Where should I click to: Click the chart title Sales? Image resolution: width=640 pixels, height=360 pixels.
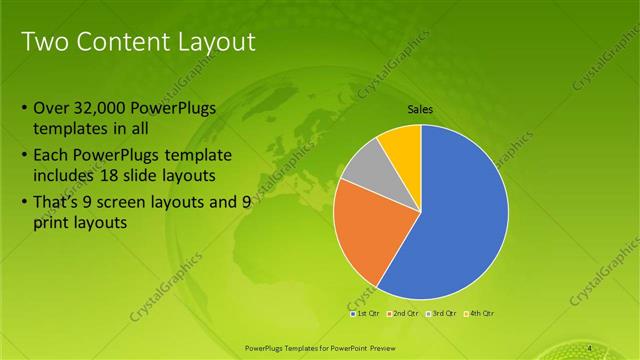420,110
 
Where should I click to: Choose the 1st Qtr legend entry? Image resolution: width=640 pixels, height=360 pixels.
365,313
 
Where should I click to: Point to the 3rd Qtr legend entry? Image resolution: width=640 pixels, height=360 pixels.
441,313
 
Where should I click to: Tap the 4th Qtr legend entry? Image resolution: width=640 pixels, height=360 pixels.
477,313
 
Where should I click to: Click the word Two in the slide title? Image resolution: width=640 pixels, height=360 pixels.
43,42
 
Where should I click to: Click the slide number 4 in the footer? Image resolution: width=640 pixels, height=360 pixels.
590,346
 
